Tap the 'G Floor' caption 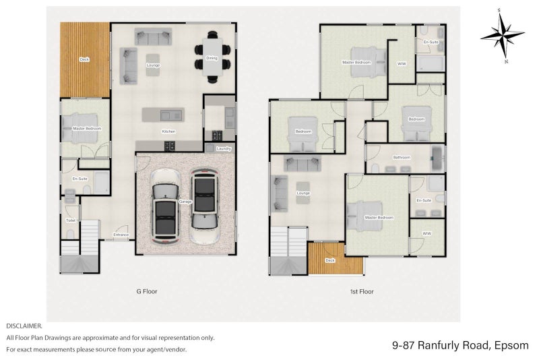tap(146, 292)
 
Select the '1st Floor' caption tap(361, 292)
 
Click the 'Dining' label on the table tap(212, 59)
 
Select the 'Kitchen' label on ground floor tap(168, 131)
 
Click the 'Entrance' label tap(121, 235)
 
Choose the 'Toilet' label tap(71, 220)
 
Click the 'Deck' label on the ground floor tap(84, 59)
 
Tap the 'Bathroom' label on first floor tap(402, 158)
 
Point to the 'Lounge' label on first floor tap(303, 193)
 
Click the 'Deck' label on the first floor tap(330, 260)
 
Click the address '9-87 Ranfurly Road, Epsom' tap(461, 346)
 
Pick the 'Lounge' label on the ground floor tap(152, 65)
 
